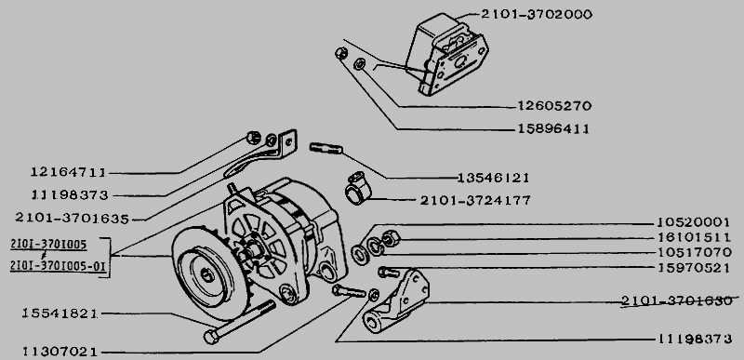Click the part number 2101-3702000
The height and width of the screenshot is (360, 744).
click(537, 15)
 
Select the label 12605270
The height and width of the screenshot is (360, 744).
click(554, 105)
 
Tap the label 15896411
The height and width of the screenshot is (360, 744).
click(552, 128)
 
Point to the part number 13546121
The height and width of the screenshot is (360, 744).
click(493, 178)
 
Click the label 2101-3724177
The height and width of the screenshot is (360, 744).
click(475, 201)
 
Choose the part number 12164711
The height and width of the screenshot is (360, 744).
click(68, 172)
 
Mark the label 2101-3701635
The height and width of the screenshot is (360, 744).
click(73, 219)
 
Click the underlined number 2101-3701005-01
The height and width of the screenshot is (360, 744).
click(58, 267)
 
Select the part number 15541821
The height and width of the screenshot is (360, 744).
click(60, 313)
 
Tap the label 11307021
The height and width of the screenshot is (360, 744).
click(60, 352)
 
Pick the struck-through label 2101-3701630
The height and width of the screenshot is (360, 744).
click(677, 300)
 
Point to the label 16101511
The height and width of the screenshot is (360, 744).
click(694, 237)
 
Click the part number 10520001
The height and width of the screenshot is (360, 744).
click(693, 222)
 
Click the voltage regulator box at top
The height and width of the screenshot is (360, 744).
click(446, 54)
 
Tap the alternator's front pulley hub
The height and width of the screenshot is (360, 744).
click(207, 275)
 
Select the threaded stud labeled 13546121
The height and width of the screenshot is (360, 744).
click(326, 148)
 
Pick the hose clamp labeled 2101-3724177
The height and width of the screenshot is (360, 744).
click(357, 189)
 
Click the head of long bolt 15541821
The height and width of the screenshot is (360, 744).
click(211, 337)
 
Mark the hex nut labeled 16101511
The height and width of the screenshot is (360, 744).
click(390, 238)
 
